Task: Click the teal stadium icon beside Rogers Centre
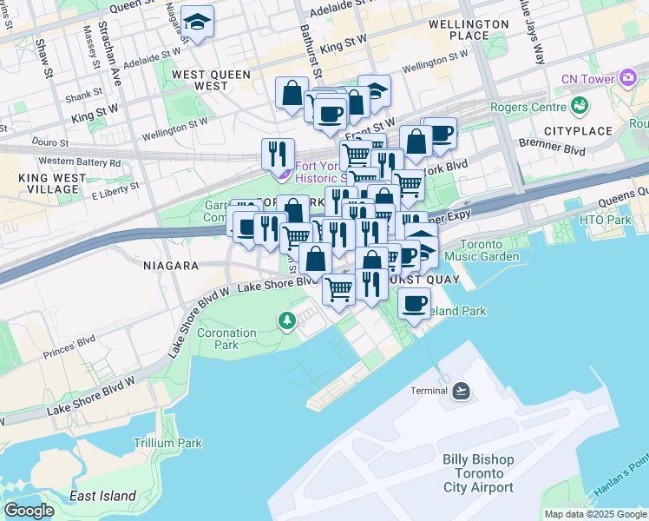pos(580,107)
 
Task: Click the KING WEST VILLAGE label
pos(29,183)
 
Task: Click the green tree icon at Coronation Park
pos(287,321)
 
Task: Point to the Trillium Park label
pos(167,443)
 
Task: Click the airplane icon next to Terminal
pos(461,391)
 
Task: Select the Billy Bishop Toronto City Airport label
pos(478,473)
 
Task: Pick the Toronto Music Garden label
pos(492,251)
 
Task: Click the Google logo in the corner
pos(29,511)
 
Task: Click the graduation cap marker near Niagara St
pos(199,23)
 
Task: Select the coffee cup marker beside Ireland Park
pos(415,304)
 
